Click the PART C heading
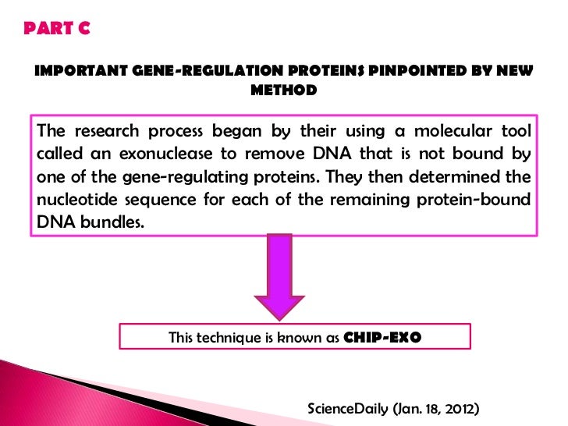point(57,29)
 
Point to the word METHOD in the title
point(283,91)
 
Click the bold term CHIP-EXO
point(382,337)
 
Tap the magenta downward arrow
point(279,276)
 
